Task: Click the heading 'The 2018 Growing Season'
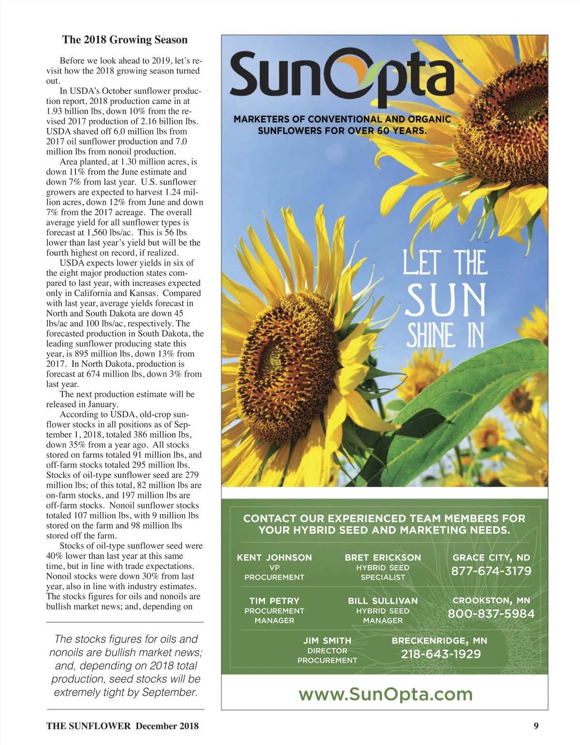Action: coord(125,40)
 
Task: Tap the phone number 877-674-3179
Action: coord(491,571)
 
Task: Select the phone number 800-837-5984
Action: coord(491,614)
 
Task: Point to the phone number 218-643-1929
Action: coord(441,654)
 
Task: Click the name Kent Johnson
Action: coord(274,557)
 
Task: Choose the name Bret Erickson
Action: coord(383,557)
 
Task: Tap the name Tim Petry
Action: coord(274,601)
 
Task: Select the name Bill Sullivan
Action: coord(383,601)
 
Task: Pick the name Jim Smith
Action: coord(327,641)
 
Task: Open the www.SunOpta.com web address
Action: coord(385,694)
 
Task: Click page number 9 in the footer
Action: coord(536,726)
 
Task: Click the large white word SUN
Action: coord(446,299)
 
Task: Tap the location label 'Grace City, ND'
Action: coord(491,557)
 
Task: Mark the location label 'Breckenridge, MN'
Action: coord(439,641)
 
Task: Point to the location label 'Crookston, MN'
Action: coord(491,600)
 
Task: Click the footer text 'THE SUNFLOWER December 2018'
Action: coord(122,726)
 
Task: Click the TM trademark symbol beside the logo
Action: coord(460,61)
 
